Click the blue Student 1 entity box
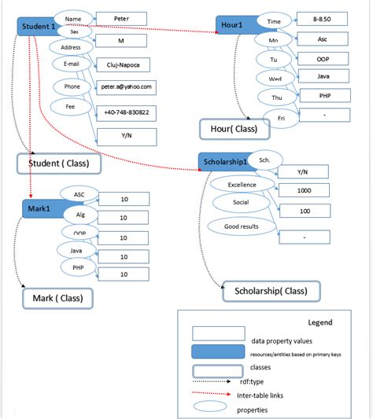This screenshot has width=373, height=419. tap(35, 26)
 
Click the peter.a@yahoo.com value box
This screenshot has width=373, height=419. tap(126, 86)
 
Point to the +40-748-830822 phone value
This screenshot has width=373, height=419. tap(126, 113)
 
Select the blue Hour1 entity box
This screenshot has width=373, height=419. tap(235, 26)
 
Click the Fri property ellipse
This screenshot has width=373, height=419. tap(282, 118)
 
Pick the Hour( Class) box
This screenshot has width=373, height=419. tap(235, 127)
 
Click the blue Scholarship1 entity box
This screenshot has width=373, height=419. tap(225, 162)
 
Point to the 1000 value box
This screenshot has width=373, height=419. tap(304, 191)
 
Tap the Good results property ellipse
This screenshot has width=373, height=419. tap(242, 227)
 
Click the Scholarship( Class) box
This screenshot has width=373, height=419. tap(271, 292)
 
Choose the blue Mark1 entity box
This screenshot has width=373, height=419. tap(42, 208)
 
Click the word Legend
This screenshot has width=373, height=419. tap(319, 322)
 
